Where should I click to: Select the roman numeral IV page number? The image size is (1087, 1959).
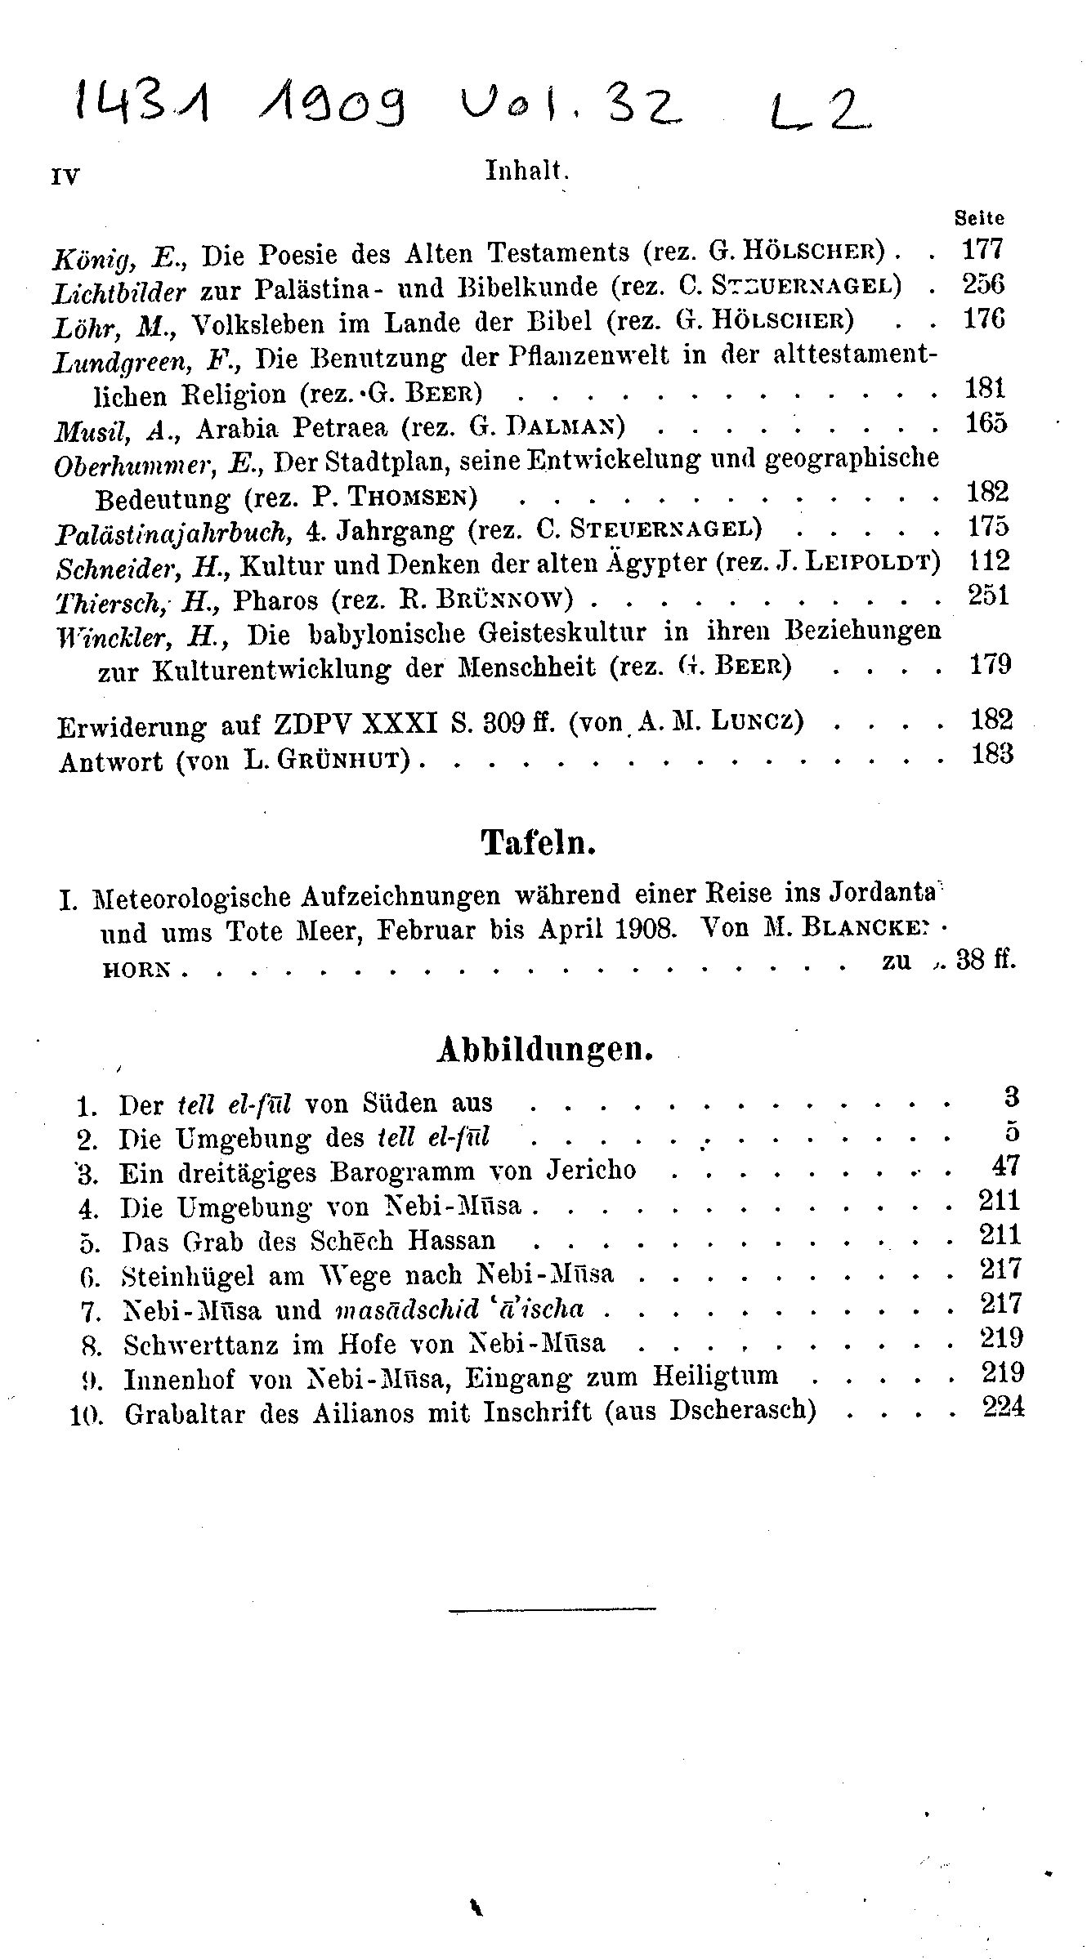point(65,176)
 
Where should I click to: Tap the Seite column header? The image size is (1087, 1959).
point(979,218)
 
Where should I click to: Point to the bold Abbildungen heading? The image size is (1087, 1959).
point(545,1050)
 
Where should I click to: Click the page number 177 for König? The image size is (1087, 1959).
point(983,248)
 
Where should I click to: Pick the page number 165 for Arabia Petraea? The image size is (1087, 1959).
point(986,424)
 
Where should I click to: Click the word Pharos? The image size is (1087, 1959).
point(275,600)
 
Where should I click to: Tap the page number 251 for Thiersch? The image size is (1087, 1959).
point(988,596)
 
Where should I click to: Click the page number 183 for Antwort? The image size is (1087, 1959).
point(991,752)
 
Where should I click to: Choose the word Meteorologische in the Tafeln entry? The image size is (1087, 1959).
point(192,897)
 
